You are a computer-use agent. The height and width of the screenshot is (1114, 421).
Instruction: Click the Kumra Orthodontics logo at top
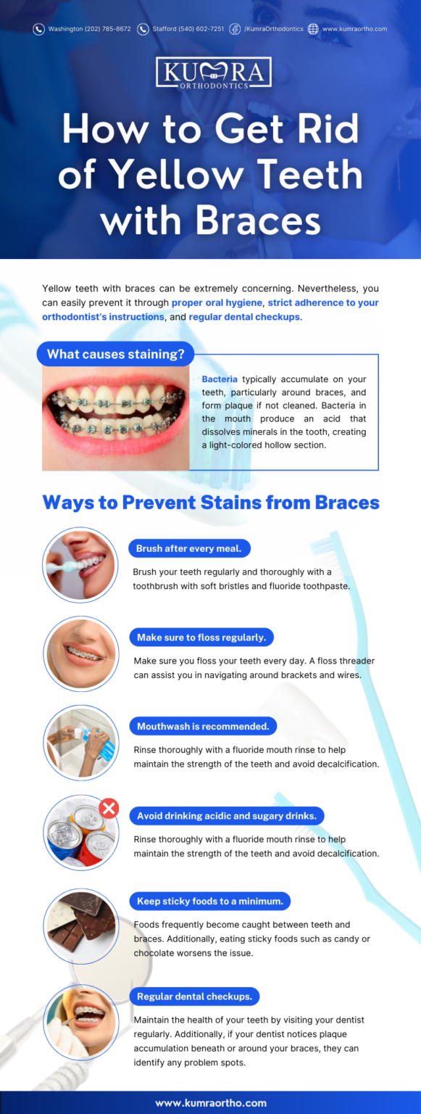213,73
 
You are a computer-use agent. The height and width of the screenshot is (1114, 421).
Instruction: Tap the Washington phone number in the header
89,29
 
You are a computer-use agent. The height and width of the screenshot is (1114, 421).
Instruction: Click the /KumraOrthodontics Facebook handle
273,29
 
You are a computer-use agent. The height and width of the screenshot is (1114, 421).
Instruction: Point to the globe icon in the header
313,29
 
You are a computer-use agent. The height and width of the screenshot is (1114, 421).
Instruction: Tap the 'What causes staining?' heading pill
115,355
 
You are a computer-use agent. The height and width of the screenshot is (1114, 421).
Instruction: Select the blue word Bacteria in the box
220,379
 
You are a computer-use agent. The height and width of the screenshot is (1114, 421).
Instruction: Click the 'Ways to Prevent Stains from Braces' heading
211,502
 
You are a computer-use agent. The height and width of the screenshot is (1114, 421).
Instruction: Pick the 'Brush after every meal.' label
189,548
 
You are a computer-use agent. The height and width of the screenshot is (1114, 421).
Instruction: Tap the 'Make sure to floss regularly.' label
201,638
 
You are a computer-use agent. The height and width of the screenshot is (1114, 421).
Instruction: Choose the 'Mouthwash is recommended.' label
203,726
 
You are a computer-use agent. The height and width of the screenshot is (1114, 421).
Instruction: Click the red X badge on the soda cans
109,808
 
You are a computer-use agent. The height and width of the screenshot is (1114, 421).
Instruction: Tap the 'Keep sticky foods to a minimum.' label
210,901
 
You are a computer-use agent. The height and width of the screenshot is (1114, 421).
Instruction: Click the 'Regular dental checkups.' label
194,997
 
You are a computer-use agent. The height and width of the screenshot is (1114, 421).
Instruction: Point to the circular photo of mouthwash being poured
80,743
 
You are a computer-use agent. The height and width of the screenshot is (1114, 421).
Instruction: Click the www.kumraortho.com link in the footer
211,1102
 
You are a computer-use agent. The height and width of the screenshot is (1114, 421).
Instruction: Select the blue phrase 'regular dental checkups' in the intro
244,317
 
